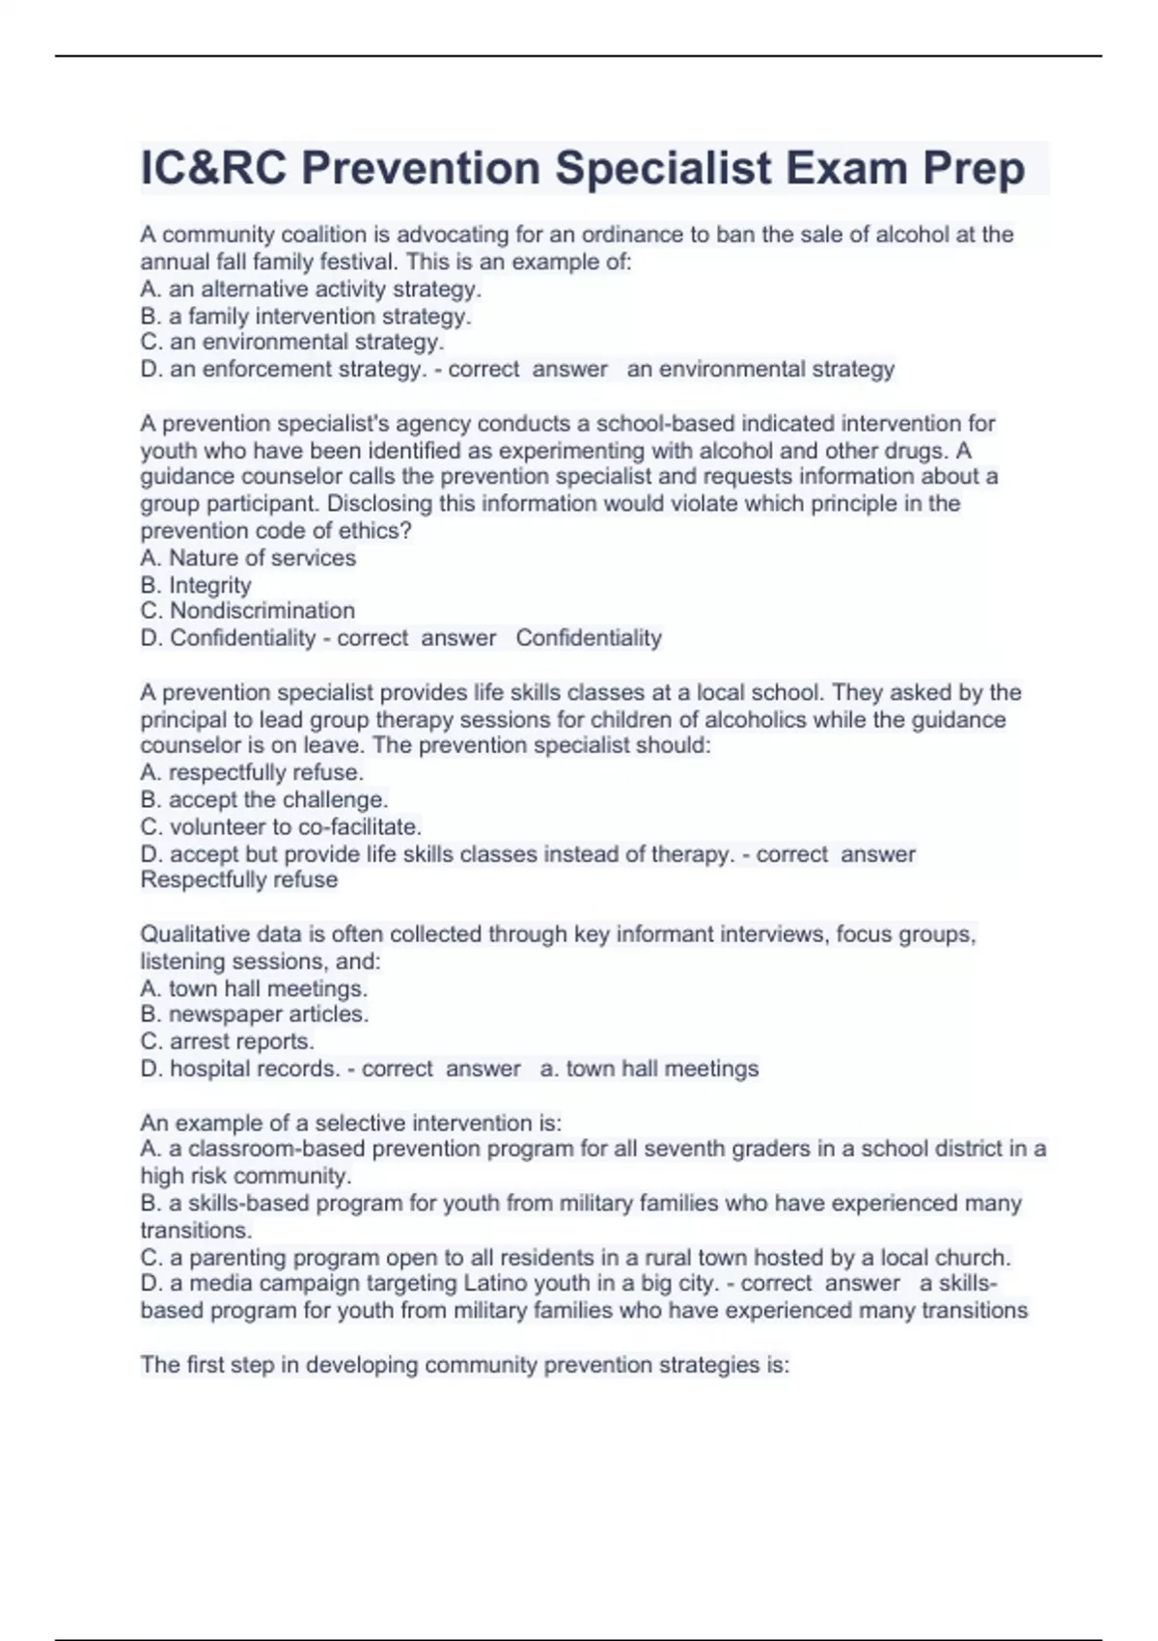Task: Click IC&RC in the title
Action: pos(213,168)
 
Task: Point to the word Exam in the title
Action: pos(846,168)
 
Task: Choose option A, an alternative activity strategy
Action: pos(311,289)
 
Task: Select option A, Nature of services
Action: pos(248,558)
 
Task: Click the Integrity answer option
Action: pos(196,585)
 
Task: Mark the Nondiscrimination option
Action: pos(248,611)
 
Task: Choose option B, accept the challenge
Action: pos(264,799)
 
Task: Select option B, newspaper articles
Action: pos(255,1015)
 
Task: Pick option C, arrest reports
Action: pos(228,1042)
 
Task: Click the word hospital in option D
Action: pos(207,1069)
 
